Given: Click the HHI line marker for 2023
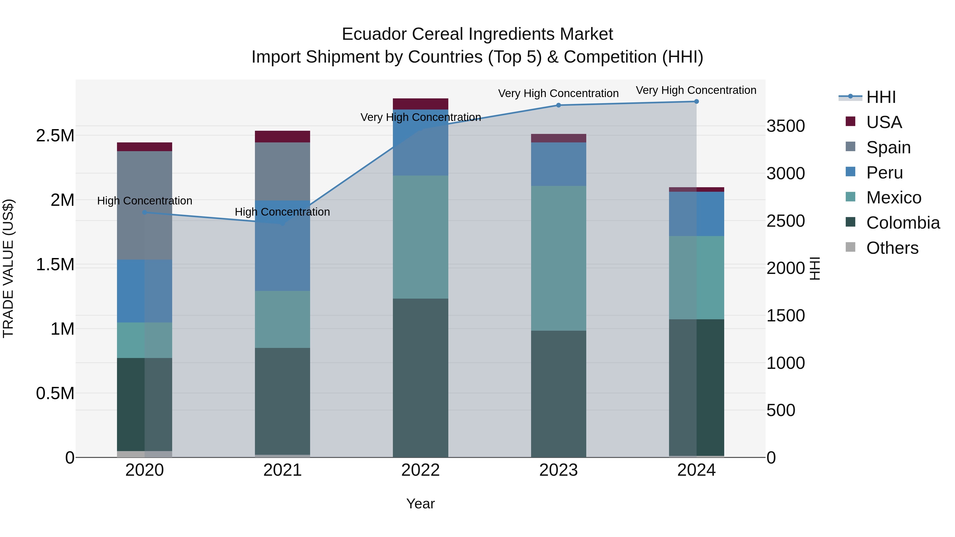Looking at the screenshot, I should pos(558,105).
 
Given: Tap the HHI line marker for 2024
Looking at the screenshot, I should pos(696,102).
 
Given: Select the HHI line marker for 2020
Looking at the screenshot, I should pos(145,212).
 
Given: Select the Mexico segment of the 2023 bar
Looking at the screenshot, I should pos(558,258).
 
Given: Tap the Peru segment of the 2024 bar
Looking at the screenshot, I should pos(696,214).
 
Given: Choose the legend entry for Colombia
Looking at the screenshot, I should pos(903,223).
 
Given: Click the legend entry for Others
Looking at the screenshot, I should pos(892,248).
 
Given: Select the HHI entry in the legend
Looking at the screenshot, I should pos(881,97).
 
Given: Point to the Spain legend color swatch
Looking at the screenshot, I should pos(850,146).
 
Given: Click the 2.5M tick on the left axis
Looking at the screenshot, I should pos(55,136).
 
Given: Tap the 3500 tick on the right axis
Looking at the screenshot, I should pos(785,126).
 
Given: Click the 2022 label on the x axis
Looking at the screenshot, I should pos(420,470).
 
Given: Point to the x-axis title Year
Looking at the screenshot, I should pos(420,504).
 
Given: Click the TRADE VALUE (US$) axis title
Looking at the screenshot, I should pos(8,268).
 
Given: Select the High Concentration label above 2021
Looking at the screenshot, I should pos(282,212).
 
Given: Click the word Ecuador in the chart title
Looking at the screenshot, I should pos(374,34).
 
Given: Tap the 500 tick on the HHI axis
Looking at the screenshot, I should pos(781,410).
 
